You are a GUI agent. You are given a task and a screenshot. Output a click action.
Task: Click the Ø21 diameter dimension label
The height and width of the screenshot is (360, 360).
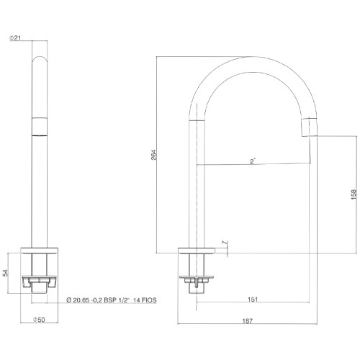click(15, 38)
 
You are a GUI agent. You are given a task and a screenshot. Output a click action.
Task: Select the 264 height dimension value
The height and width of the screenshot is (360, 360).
click(153, 155)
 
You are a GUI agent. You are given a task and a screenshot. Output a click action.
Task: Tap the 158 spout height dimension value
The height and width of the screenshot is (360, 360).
click(354, 194)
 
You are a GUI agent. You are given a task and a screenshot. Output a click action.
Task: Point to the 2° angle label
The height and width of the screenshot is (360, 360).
click(253, 161)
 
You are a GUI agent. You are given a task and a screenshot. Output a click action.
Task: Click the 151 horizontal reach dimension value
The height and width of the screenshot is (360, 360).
click(253, 300)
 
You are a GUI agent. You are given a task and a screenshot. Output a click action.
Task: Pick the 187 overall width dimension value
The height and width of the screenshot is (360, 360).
click(248, 321)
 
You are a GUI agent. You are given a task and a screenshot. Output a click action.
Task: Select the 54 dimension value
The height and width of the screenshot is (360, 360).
click(5, 273)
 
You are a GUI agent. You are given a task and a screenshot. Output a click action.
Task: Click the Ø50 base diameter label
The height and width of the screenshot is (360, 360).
click(39, 320)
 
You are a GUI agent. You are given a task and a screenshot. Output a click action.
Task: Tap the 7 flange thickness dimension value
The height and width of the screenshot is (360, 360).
click(225, 243)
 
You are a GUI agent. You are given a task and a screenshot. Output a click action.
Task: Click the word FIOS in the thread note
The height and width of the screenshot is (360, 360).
click(148, 300)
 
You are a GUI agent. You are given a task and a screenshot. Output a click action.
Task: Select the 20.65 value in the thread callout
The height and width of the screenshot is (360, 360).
click(82, 300)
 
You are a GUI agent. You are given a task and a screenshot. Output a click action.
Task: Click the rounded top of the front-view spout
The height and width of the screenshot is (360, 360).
click(40, 59)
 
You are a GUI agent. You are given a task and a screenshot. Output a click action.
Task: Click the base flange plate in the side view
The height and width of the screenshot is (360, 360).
click(197, 251)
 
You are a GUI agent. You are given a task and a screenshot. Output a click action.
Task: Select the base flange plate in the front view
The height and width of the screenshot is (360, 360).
click(40, 251)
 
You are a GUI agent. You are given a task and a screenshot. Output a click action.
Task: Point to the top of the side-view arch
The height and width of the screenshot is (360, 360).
click(253, 57)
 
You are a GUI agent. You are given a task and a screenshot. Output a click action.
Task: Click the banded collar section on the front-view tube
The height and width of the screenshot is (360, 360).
click(40, 127)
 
